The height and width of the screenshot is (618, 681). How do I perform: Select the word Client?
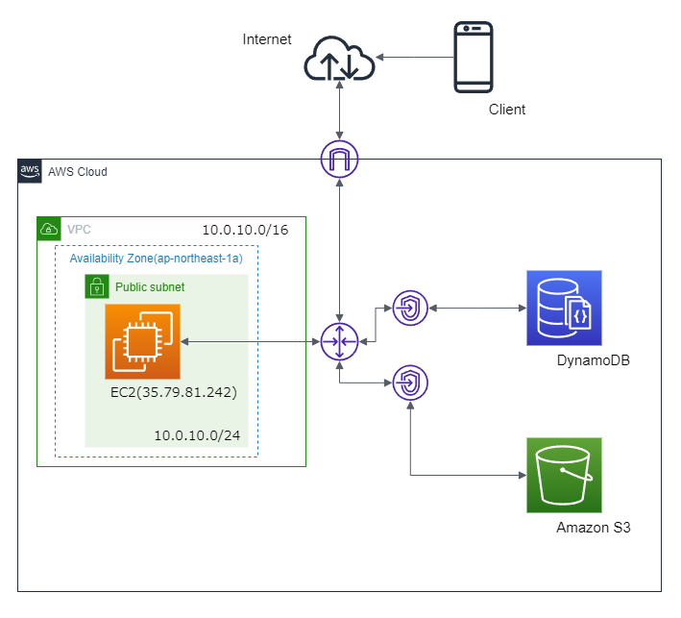coord(507,110)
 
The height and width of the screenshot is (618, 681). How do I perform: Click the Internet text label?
coord(267,39)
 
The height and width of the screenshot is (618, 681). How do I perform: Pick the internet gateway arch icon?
coord(338,160)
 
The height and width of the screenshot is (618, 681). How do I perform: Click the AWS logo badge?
coord(31,171)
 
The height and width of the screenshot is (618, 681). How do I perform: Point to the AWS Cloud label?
coord(78,172)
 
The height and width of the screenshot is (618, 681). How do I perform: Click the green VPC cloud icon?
coord(48,229)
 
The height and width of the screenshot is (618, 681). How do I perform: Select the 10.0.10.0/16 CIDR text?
coord(245,231)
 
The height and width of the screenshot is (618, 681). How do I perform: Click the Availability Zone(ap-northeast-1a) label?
coord(156,259)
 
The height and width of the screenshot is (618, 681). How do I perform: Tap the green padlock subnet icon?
coord(96,286)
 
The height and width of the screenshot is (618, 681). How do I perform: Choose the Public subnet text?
coord(150,286)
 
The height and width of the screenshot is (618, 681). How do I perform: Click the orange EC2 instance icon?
coord(142,342)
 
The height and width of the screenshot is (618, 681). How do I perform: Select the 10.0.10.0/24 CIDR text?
coord(197,436)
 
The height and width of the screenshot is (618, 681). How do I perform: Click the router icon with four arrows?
coord(339,341)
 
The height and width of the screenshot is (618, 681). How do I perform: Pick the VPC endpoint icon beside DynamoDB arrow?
coord(410,309)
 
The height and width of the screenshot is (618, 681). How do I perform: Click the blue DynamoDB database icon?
coord(563,309)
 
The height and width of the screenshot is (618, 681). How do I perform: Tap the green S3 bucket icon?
coord(564,476)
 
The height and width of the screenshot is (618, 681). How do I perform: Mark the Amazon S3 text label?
coord(593,528)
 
